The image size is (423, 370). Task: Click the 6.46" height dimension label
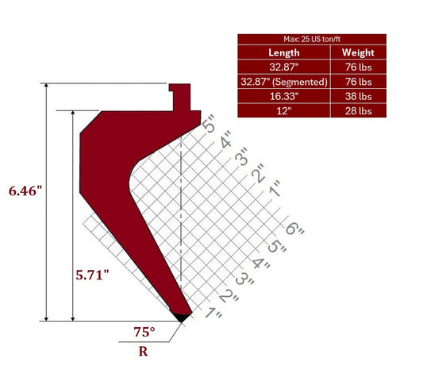tap(25, 191)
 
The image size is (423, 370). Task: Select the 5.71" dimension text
tap(92, 275)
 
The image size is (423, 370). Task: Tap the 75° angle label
tap(144, 332)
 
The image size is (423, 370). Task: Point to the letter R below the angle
tap(143, 352)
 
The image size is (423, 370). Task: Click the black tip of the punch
tap(182, 318)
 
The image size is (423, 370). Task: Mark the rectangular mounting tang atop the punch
tap(180, 97)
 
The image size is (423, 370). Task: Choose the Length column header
tap(284, 52)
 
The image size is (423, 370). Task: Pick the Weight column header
tap(358, 52)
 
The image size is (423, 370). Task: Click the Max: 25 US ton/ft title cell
tap(312, 39)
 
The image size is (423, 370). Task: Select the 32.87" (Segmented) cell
tap(284, 82)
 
